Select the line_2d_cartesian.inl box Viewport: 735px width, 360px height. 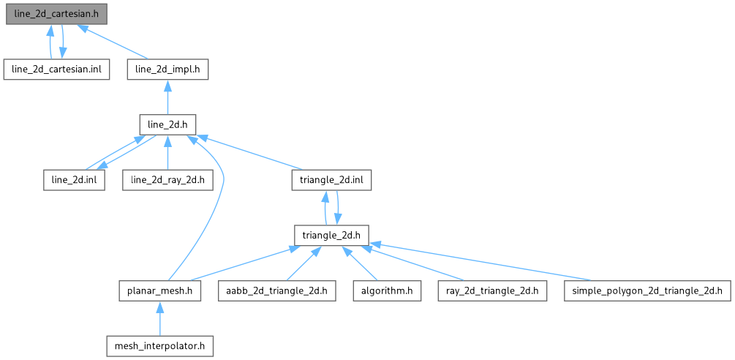coord(56,70)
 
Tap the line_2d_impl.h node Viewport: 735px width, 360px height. coord(168,70)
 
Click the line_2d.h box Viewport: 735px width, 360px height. coord(167,124)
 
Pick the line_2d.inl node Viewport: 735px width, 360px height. coord(72,180)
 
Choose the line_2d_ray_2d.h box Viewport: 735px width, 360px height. coord(167,180)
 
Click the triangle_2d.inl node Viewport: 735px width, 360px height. coord(332,180)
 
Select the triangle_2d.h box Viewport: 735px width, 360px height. coord(332,235)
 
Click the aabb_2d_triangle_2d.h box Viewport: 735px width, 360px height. coord(277,290)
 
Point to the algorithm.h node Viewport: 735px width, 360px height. coord(386,290)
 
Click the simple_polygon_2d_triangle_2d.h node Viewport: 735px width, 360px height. coord(647,290)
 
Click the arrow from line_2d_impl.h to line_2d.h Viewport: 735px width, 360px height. coord(167,97)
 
